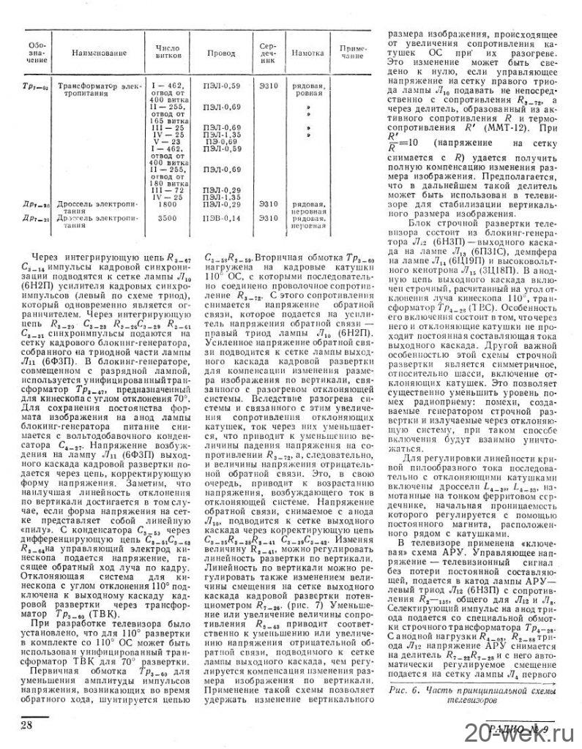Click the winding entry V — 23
click(x=162, y=141)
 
